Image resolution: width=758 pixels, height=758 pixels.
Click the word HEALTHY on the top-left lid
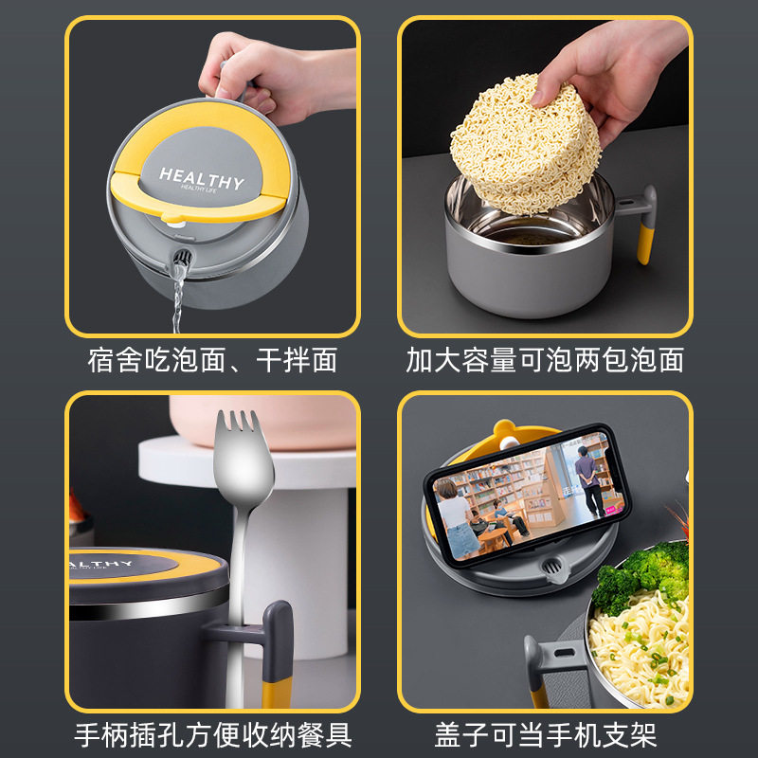[x=201, y=177]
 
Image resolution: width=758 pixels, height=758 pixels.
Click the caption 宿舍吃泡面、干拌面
[x=212, y=360]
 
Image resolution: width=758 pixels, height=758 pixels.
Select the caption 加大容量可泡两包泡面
[x=545, y=360]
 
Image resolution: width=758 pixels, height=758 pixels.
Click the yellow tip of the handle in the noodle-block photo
[x=644, y=242]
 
